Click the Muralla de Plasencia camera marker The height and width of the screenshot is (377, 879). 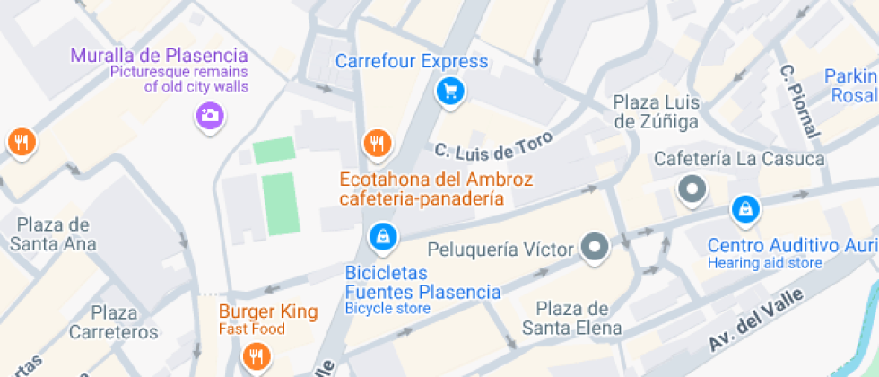pos(209,115)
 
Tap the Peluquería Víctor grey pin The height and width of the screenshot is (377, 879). pos(595,246)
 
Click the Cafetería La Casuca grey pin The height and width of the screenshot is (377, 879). pos(692,189)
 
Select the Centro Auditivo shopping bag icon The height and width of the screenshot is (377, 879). pos(744,210)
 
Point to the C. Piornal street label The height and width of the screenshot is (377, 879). pos(799,101)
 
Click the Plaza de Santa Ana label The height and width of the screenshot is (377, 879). pos(54,233)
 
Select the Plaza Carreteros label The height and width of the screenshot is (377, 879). pos(114,322)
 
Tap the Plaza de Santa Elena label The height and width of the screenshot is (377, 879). pos(573,318)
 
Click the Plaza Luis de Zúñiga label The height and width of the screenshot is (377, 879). pos(656,110)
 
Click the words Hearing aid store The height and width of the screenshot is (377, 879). pos(764,263)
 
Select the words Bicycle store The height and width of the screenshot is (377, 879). pos(387,309)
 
